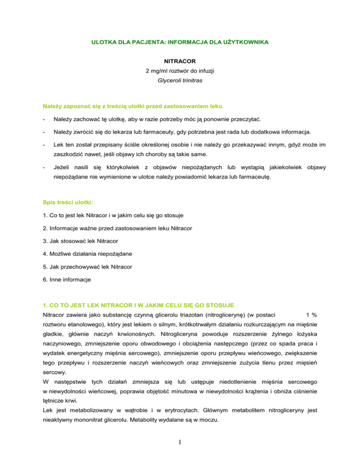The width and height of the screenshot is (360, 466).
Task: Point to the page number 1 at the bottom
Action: [x=180, y=445]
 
